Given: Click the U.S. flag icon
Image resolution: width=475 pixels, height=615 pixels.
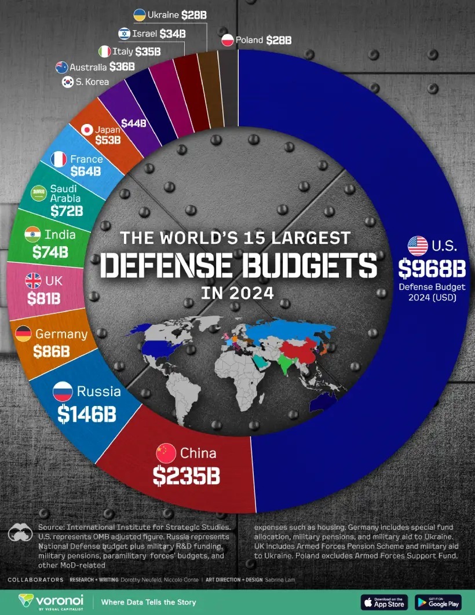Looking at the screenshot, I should click(x=418, y=246).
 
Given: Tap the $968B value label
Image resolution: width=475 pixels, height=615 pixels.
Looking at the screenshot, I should click(x=428, y=268).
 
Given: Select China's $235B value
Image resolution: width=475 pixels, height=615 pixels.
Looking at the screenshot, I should click(x=187, y=476).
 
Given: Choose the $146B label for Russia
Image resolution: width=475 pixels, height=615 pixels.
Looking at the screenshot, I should click(x=87, y=413).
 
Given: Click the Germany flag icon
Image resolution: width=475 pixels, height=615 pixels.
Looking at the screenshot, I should click(x=24, y=334).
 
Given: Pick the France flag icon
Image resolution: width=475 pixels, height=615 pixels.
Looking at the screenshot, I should click(x=59, y=159).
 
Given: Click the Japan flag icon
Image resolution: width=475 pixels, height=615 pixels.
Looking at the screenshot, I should click(x=87, y=130).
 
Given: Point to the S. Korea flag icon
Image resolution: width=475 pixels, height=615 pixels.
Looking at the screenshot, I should click(x=68, y=82).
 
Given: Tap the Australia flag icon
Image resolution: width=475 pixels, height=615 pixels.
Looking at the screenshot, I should click(x=62, y=67).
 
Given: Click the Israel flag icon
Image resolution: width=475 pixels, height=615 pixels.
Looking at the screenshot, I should click(x=124, y=34).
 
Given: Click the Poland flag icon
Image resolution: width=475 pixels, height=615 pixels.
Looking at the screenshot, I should click(x=228, y=40).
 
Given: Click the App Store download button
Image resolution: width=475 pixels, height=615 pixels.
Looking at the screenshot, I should click(x=384, y=602).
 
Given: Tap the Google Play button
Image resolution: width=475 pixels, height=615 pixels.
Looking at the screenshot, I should click(x=438, y=602).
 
